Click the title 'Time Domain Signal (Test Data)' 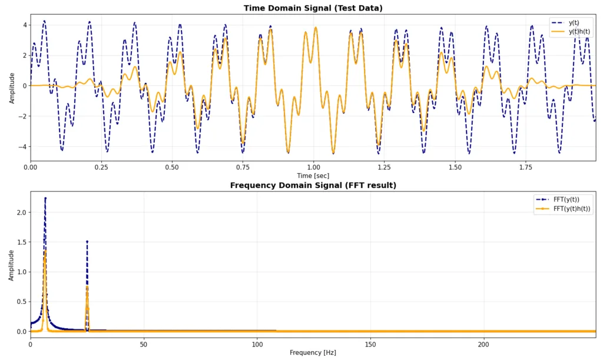point(313,8)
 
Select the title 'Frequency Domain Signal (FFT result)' point(313,185)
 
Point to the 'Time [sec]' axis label point(313,176)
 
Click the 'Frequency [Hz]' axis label point(313,352)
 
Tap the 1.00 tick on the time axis point(313,167)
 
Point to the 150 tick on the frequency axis point(370,344)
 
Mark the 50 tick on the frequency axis point(144,344)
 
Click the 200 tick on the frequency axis point(483,344)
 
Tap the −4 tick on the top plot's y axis point(23,147)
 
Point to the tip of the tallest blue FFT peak point(45,198)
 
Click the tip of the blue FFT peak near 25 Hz point(87,241)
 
